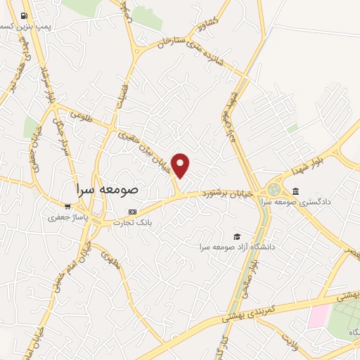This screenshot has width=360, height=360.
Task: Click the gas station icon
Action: [x=25, y=15]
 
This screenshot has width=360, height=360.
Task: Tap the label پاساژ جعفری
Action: [x=66, y=217]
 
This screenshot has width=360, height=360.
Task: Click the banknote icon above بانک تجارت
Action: [x=131, y=212]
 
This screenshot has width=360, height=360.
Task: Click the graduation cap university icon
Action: [x=237, y=236]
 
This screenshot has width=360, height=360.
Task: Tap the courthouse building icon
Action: [x=295, y=192]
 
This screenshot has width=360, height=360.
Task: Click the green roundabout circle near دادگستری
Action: [x=273, y=189]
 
